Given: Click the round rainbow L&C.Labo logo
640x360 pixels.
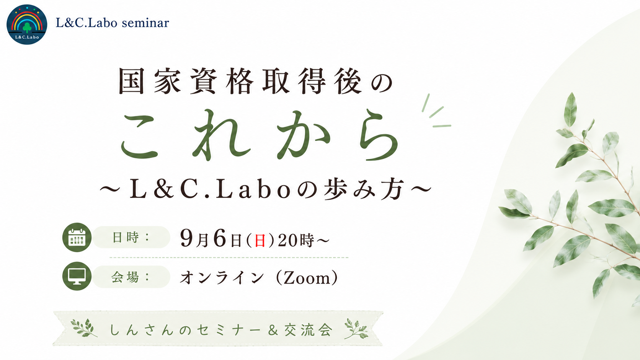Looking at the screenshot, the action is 27,24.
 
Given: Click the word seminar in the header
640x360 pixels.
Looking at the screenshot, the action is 145,23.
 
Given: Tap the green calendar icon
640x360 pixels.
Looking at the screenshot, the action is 77,237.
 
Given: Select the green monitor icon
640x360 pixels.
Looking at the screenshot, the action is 77,276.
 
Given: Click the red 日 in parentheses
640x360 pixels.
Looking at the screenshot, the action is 260,240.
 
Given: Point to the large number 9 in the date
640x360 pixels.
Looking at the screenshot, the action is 186,238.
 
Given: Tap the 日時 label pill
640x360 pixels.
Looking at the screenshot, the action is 131,237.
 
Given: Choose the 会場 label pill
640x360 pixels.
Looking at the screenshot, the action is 131,277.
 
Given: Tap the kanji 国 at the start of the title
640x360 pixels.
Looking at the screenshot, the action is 131,81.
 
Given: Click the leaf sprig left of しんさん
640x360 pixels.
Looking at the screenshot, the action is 84,328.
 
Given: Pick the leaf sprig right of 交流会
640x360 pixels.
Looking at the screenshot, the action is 356,328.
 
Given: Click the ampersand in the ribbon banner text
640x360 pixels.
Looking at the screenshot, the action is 273,330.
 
